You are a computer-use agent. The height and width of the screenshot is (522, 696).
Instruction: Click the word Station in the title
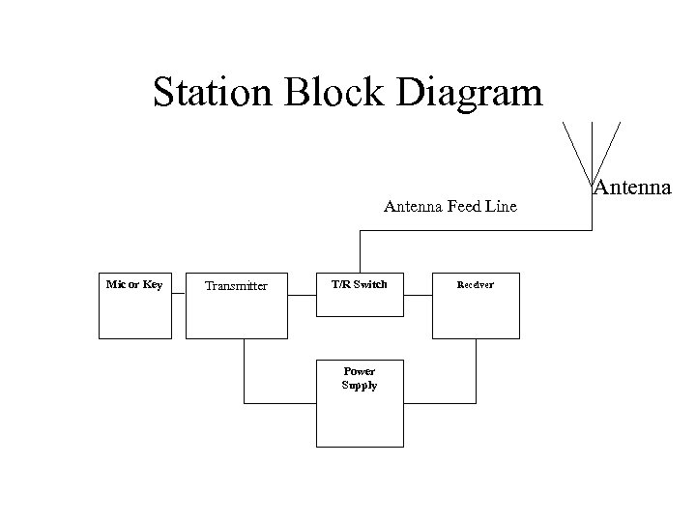(x=214, y=93)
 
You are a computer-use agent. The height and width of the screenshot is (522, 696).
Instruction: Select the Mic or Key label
(x=133, y=284)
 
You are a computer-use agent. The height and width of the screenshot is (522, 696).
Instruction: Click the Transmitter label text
(x=236, y=285)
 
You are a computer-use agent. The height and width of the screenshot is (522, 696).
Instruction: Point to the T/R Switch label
(x=359, y=284)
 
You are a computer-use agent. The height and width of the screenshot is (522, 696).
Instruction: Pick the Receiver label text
(x=475, y=285)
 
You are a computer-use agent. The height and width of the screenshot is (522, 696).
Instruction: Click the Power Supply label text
(x=359, y=378)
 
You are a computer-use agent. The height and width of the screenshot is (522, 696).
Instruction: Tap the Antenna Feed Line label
(x=449, y=206)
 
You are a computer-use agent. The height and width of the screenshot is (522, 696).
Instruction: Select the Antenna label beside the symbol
(x=632, y=187)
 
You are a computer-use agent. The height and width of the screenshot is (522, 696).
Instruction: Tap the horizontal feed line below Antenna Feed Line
(x=474, y=230)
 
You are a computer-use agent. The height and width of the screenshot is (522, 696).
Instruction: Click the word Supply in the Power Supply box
(x=359, y=385)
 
